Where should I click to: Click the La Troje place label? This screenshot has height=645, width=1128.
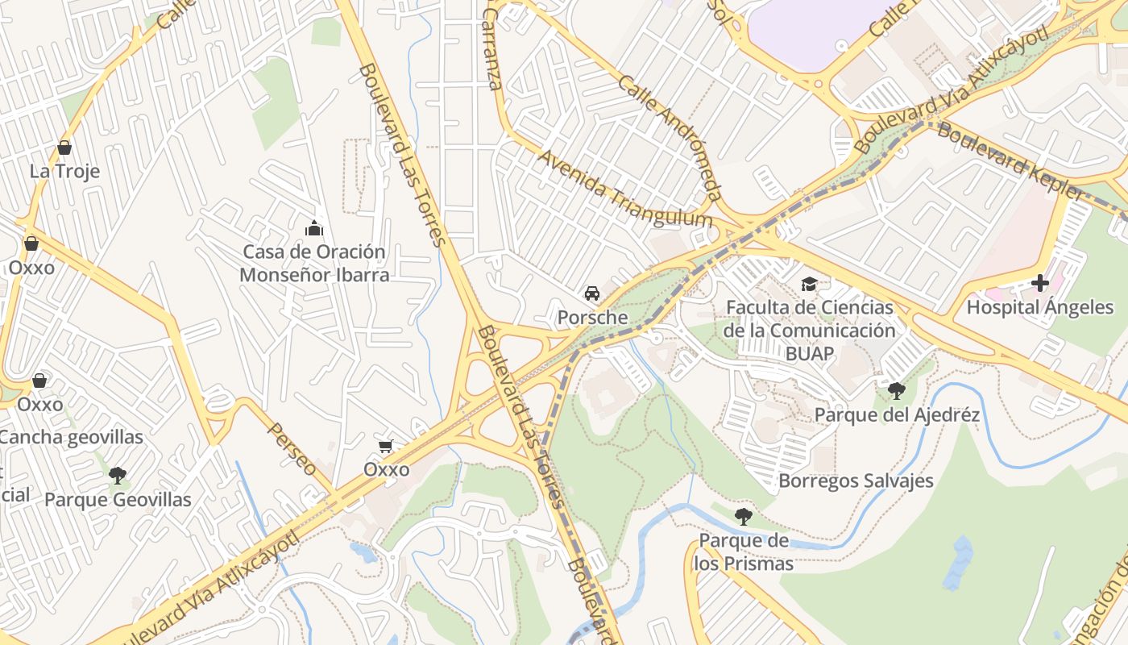[x=64, y=171]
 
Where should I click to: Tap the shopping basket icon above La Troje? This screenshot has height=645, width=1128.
[x=64, y=148]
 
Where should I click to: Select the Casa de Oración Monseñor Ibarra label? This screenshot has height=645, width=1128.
[x=314, y=263]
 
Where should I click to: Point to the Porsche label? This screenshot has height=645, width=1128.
[x=592, y=318]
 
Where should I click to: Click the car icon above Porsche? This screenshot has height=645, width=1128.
[x=592, y=293]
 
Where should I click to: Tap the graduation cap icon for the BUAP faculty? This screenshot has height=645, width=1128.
[x=809, y=284]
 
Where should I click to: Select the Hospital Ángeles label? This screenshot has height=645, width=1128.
[x=1039, y=307]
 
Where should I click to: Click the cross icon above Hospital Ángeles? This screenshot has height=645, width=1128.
[x=1040, y=283]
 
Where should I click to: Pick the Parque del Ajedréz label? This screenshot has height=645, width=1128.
[x=897, y=415]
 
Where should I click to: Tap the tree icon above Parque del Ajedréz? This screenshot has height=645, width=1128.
[x=896, y=391]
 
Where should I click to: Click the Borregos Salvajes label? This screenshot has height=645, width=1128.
[x=856, y=481]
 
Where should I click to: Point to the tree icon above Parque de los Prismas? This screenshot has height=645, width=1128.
[x=743, y=516]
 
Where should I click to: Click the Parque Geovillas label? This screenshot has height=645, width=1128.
[x=118, y=500]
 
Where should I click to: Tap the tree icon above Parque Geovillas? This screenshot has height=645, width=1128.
[x=118, y=475]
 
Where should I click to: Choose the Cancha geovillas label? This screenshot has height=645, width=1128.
[x=71, y=438]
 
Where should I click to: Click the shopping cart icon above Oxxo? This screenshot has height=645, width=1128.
[x=386, y=446]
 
